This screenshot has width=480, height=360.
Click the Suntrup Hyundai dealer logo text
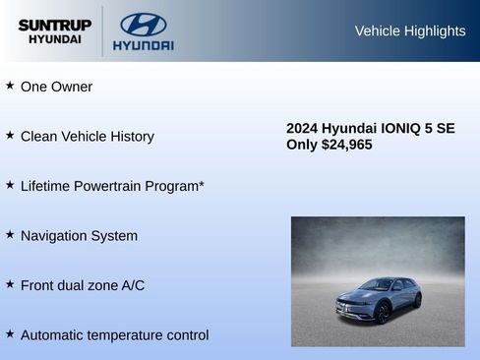coord(54,30)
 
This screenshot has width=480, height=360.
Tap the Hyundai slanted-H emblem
coord(144,25)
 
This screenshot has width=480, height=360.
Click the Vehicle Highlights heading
coord(409,31)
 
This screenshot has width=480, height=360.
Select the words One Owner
coord(56,87)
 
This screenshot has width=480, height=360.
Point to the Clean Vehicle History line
coord(87,137)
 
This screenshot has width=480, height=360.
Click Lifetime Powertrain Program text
coord(111,186)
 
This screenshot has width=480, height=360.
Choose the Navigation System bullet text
coord(79,236)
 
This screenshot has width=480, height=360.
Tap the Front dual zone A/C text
coord(82,285)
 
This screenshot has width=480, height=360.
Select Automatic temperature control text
coord(114,335)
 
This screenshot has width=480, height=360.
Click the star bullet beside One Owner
coord(10,86)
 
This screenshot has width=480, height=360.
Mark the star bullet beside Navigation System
coord(10,235)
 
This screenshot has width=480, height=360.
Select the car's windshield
coord(375,286)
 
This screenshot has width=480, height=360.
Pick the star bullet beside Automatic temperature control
coord(10,334)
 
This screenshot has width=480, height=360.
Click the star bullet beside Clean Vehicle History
coord(10,136)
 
